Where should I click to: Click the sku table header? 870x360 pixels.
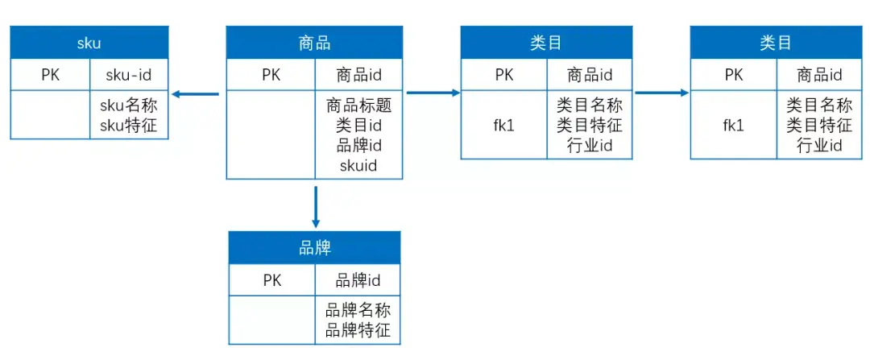coord(89,43)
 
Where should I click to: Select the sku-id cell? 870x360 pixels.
coord(129,76)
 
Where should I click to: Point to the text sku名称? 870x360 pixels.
coord(129,106)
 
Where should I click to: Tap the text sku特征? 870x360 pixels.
coord(129,125)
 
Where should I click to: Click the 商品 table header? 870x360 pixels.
coord(314,43)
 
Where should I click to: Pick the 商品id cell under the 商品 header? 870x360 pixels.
coord(358,76)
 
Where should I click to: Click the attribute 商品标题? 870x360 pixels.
coord(358,106)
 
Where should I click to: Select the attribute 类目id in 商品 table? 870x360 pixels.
coord(358,126)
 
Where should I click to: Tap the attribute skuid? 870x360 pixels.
coord(358,166)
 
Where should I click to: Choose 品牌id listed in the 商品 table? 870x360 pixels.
coord(358,146)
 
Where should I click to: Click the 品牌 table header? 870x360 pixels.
coord(315,248)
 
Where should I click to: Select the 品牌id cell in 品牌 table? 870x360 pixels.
coord(358,280)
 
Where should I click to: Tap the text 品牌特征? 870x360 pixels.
coord(358,330)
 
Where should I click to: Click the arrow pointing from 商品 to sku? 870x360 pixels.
coord(196,94)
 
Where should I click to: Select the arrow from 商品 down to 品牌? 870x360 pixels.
coord(315,207)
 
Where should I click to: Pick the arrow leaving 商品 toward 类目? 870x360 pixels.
coord(432,93)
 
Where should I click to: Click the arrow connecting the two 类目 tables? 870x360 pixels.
coord(661,93)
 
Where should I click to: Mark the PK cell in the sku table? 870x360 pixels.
coord(51,76)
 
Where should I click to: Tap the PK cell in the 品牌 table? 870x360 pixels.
coord(272,280)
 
